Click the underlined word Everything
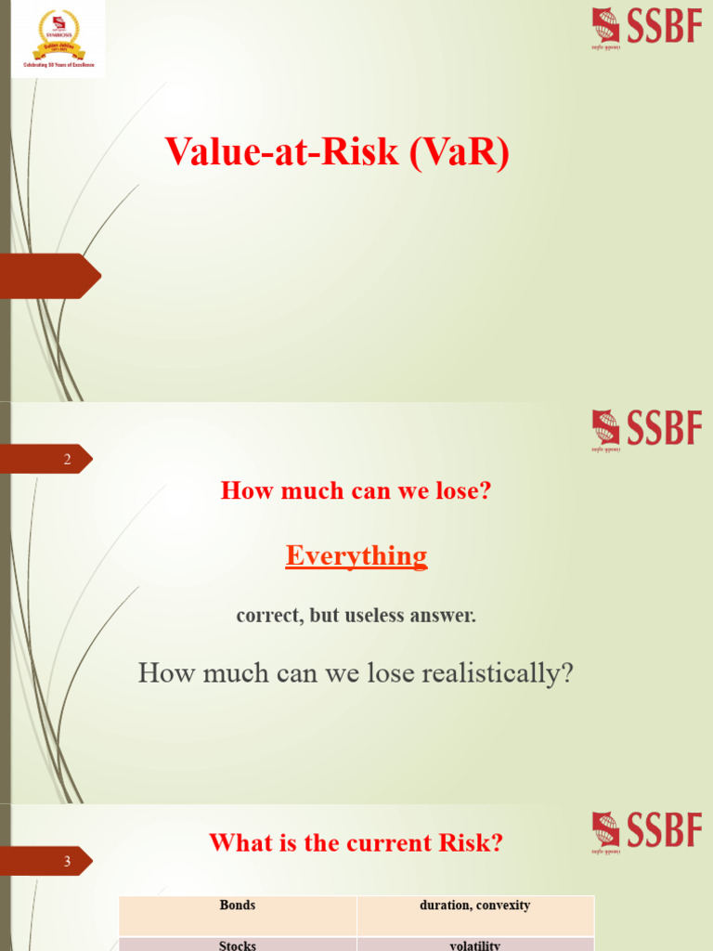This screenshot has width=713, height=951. (356, 555)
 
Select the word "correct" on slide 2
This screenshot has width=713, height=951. (266, 616)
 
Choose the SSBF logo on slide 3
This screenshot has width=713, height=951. (646, 831)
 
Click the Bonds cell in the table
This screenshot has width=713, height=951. (238, 905)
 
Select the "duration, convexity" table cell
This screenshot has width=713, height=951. (475, 905)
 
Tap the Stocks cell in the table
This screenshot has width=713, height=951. (238, 945)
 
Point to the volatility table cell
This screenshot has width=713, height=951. (475, 945)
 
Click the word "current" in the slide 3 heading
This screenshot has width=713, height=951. (384, 843)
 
